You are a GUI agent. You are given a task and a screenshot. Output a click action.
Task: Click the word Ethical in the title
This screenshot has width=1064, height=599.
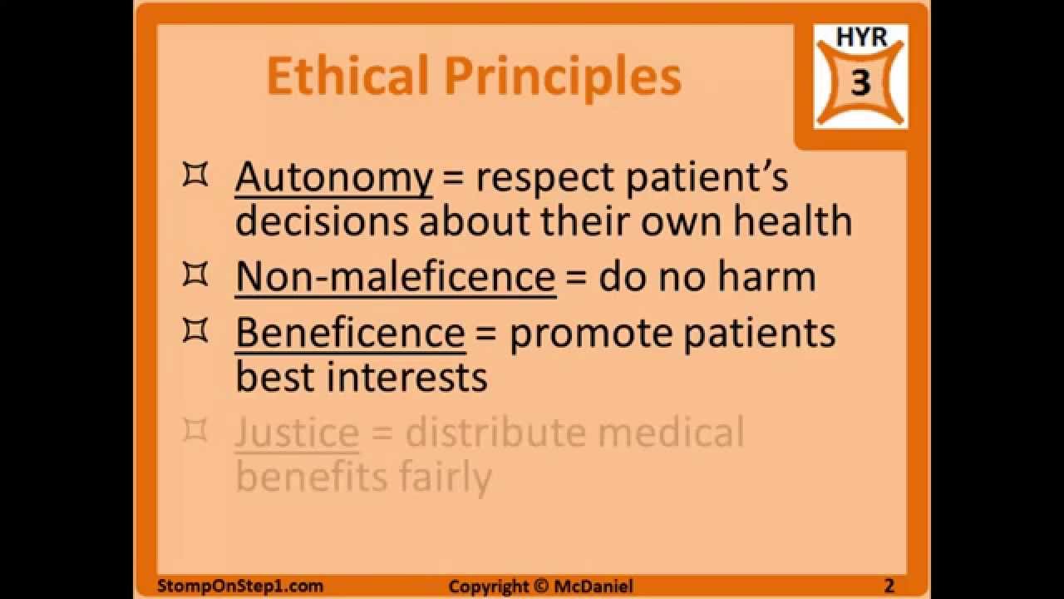[348, 77]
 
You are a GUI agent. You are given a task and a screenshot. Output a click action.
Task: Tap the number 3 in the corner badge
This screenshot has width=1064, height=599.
[861, 83]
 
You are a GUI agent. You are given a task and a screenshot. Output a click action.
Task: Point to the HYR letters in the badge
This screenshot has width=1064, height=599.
[861, 38]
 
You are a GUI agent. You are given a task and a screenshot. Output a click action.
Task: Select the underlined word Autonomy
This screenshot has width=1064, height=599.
[333, 178]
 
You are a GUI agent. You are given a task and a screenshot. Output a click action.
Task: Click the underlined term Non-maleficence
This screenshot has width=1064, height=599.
[395, 277]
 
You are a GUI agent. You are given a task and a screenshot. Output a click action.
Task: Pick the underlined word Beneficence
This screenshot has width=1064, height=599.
[350, 333]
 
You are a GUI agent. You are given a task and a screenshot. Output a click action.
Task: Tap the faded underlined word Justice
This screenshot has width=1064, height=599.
[297, 433]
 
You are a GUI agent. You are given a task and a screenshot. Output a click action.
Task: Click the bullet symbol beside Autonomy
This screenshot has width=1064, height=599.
[195, 176]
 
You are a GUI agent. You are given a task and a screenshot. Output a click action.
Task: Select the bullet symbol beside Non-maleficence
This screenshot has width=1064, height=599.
[195, 275]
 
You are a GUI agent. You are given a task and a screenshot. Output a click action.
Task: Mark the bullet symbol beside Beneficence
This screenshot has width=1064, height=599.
[195, 331]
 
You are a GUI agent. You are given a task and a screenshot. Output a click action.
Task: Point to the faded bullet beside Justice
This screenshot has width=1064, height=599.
[195, 431]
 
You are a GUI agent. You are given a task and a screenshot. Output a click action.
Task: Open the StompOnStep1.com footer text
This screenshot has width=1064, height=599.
[240, 586]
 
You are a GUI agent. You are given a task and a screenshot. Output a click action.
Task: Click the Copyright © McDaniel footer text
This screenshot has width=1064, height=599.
[540, 587]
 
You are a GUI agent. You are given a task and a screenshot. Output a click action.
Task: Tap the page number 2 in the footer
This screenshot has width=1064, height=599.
[889, 586]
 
